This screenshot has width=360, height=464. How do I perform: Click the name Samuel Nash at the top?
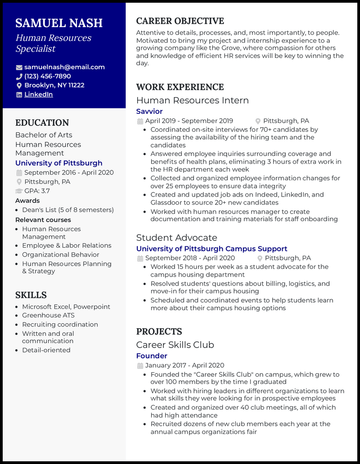[x=59, y=23]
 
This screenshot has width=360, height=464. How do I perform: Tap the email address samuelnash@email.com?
[x=64, y=67]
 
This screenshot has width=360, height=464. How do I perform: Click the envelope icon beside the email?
[x=19, y=67]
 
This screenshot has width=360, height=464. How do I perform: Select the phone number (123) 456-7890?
[x=48, y=76]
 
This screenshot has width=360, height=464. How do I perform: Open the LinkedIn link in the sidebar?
[x=39, y=94]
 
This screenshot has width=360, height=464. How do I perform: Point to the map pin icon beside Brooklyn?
[x=19, y=85]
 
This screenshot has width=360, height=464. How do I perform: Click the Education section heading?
[x=42, y=123]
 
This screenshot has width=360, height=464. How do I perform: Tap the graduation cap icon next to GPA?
[x=19, y=191]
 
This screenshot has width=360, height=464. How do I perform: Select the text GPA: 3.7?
[x=37, y=191]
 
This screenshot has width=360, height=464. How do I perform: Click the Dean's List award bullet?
[x=68, y=210]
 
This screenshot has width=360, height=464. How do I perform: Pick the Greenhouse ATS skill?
[x=48, y=315]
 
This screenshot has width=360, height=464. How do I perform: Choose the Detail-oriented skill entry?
[x=46, y=350]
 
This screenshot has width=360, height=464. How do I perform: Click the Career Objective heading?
[x=180, y=21]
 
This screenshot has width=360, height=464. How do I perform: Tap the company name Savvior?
[x=149, y=111]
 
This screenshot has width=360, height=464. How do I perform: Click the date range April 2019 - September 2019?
[x=189, y=121]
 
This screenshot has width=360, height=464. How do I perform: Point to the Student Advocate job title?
[x=176, y=237]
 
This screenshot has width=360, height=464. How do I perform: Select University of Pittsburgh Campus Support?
[x=211, y=249]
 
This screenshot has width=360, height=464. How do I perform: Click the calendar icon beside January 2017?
[x=140, y=366]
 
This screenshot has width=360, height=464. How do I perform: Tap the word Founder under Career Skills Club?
[x=152, y=356]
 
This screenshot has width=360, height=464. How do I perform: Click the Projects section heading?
[x=159, y=331]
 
